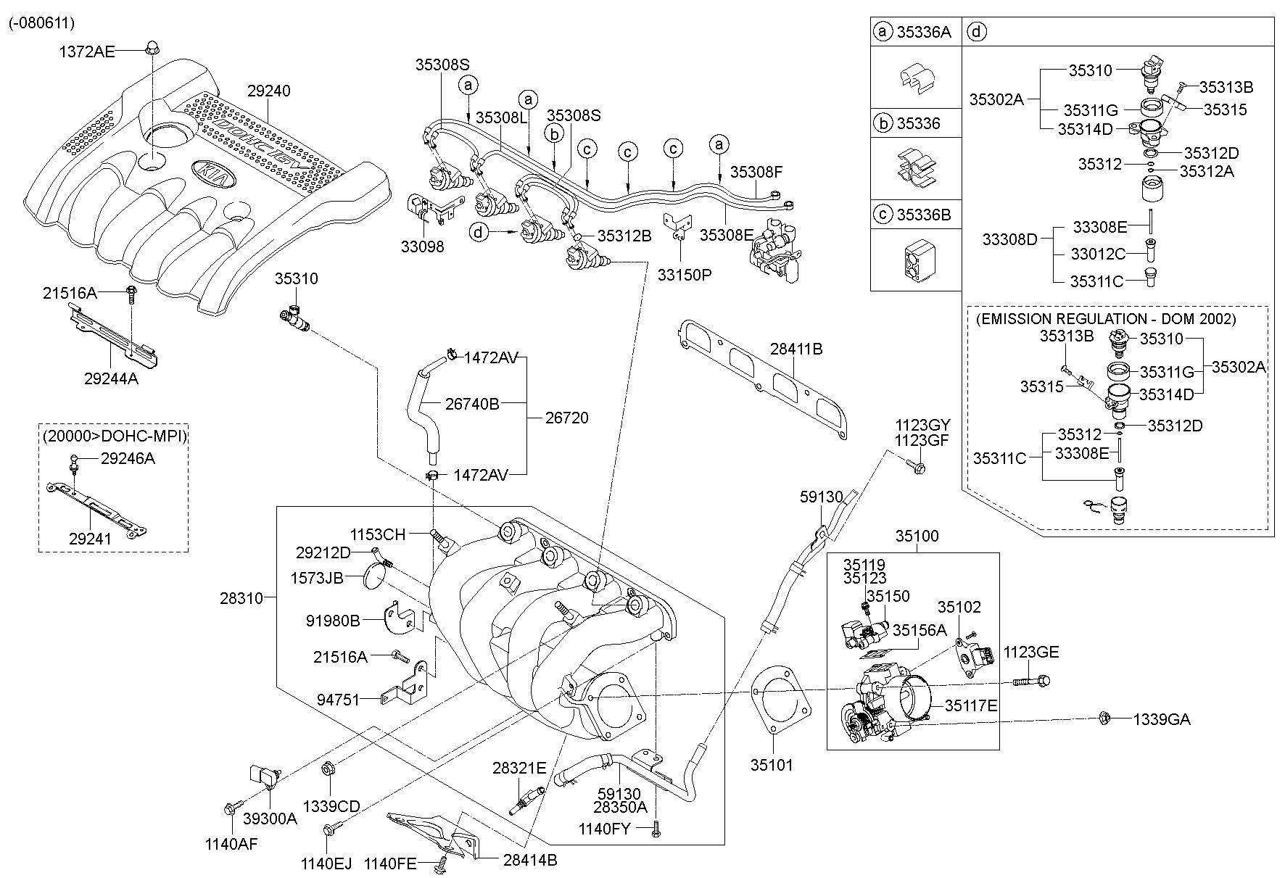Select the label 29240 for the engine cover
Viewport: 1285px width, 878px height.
tap(268, 91)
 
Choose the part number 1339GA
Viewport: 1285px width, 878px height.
tap(1162, 719)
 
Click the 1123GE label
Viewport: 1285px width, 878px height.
tap(1030, 652)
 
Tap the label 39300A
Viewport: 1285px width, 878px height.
tap(270, 819)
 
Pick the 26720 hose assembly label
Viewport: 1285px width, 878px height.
tap(567, 418)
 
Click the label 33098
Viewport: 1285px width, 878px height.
tap(422, 247)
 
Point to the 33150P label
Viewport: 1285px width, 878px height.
tap(685, 275)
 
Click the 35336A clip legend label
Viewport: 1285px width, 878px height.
tap(923, 32)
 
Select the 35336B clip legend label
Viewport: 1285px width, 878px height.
tap(923, 215)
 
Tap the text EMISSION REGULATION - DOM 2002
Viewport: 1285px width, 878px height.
tap(1106, 318)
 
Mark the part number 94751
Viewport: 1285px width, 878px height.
tap(338, 700)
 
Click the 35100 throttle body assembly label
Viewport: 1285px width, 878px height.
tap(917, 537)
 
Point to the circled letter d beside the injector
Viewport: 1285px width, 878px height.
tap(479, 232)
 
